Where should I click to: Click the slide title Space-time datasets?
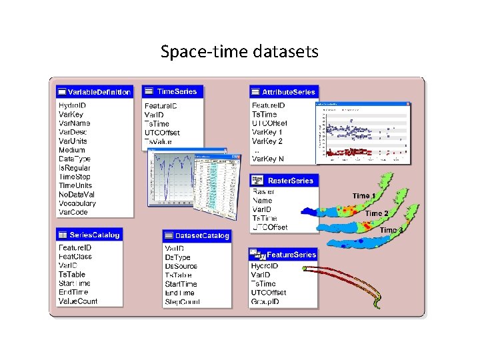point(239,51)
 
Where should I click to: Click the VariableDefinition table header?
point(94,92)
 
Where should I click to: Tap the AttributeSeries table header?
point(283,91)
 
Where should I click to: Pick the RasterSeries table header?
point(283,181)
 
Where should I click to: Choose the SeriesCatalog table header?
point(89,235)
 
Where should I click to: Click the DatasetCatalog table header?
point(197,235)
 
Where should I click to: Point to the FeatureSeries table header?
point(283,255)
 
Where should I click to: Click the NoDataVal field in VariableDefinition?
point(77,194)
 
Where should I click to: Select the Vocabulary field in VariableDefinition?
point(77,203)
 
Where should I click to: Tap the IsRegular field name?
point(75,167)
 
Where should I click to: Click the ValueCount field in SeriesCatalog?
point(78,301)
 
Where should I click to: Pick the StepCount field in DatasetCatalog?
point(182,302)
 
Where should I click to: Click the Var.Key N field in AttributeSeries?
point(267,159)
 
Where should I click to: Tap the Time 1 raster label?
point(364,196)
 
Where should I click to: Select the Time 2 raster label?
point(377,213)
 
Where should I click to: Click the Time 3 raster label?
point(391,230)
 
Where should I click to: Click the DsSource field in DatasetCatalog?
point(181,266)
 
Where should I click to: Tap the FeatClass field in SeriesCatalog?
point(75,257)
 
